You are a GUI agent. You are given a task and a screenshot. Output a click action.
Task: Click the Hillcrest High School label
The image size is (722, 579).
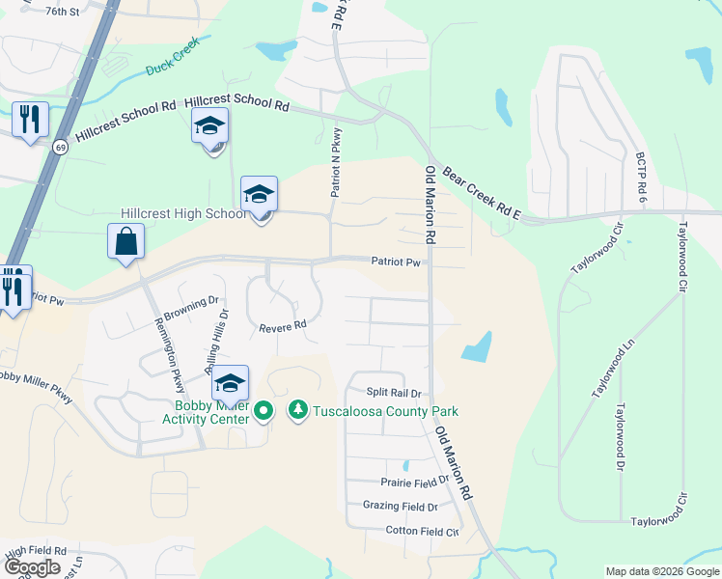183,213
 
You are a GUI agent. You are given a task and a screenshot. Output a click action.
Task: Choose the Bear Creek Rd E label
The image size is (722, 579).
481,194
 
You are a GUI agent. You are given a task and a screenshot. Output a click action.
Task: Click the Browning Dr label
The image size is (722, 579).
191,307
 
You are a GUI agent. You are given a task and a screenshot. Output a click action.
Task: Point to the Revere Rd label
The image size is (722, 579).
282,327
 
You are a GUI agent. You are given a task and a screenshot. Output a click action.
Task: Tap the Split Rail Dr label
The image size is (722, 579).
394,393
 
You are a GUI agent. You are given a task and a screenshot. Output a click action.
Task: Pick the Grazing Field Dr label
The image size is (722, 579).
400,506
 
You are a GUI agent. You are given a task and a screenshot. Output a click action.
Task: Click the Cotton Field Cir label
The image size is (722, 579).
422,531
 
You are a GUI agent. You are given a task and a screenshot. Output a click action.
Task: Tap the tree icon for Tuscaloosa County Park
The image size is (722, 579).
298,411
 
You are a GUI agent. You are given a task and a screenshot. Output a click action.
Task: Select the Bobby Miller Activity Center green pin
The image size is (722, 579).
264,412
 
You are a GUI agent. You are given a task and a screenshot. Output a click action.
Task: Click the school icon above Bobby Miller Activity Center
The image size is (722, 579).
230,383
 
